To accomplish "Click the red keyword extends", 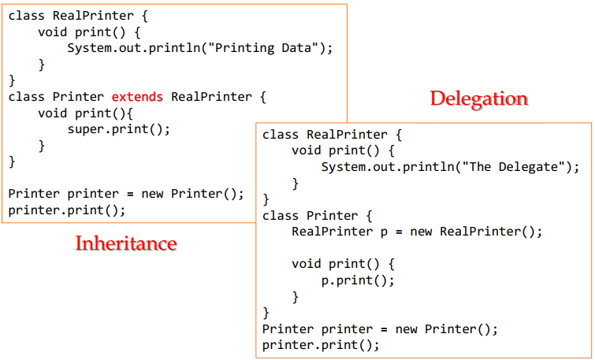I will coord(137,97).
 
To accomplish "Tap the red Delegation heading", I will coord(478,98).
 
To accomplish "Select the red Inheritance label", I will coord(126,243).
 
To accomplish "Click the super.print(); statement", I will coord(118,129).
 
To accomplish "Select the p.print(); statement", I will coord(357,280).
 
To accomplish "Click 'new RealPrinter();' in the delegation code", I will coord(477,232).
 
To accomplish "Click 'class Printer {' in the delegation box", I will coord(317,215).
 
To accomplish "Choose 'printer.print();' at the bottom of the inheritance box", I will coord(67,210).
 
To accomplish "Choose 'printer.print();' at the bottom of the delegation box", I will coord(321,345).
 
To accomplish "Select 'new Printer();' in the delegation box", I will coord(447,328).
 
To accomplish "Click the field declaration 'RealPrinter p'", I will coord(343,232).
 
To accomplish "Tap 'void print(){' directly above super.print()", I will coord(87,113).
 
